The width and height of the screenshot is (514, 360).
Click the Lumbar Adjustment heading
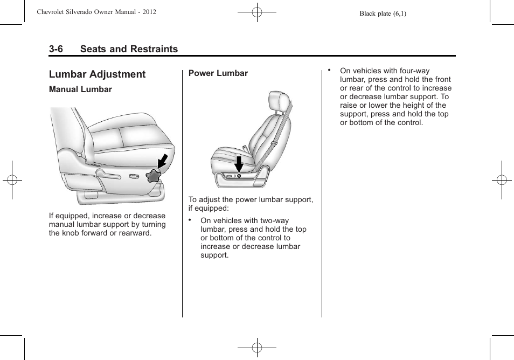(97, 74)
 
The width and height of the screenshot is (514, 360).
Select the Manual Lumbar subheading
(80, 89)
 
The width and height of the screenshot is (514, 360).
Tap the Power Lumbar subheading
(218, 73)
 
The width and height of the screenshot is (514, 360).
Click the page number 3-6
(56, 49)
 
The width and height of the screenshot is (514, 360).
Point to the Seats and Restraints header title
(129, 49)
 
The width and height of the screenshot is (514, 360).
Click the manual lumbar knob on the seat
(154, 176)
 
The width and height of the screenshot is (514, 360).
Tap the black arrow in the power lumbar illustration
(239, 163)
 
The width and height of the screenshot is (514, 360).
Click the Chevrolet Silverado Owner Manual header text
(97, 11)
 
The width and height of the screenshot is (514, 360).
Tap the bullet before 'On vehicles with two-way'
(190, 220)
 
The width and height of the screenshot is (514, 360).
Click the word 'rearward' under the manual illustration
(136, 233)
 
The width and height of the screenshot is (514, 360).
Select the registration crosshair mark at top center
(257, 11)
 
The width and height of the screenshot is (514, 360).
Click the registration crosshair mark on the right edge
(502, 180)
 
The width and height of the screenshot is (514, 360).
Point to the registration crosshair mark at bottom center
(257, 348)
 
